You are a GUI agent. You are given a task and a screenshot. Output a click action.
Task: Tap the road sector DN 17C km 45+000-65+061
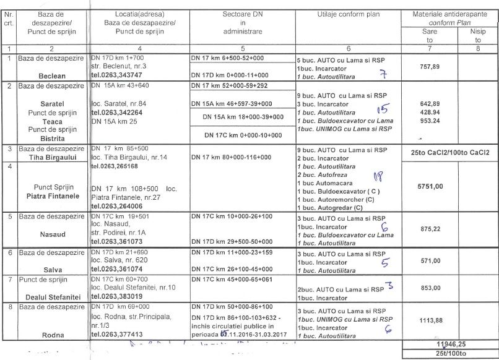[238, 279]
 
